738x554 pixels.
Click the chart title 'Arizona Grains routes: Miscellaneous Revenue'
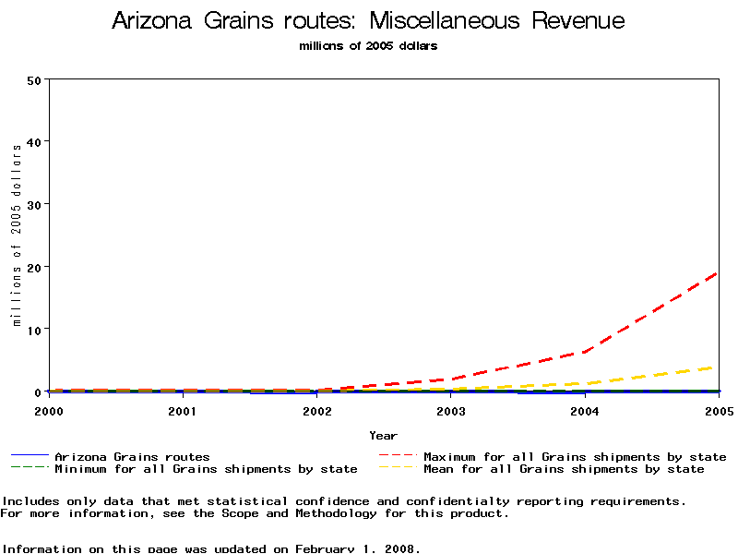[368, 21]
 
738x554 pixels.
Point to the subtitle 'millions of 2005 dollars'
[368, 46]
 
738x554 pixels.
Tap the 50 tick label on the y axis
[34, 79]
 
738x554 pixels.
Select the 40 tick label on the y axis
[34, 141]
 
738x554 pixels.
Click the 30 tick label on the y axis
[34, 204]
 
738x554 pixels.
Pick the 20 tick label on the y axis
[34, 267]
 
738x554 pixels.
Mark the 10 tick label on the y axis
[34, 330]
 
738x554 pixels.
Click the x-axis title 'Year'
[383, 436]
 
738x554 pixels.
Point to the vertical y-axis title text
[17, 235]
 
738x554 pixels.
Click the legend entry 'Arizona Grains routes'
[132, 457]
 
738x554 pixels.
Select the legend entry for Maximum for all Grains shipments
[575, 457]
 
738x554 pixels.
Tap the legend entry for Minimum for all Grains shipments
[206, 469]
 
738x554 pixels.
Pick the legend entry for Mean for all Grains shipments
[564, 469]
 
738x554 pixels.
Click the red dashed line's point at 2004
[585, 352]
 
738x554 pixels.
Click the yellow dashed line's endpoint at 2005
[717, 367]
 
